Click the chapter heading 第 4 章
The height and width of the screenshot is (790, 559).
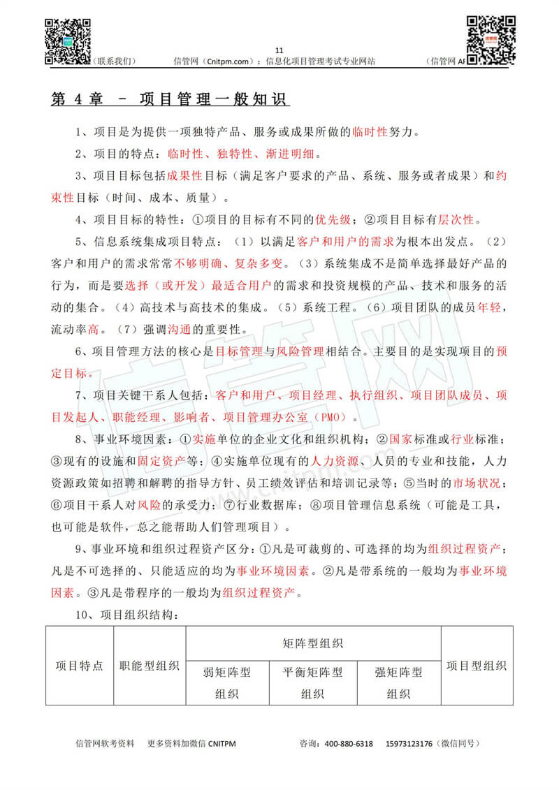pos(76,99)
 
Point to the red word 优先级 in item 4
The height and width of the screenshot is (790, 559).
pos(334,220)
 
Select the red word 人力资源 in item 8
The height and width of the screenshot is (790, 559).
pos(335,462)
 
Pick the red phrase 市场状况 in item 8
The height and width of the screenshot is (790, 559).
pos(477,483)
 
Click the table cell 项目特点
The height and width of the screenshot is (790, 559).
pos(80,666)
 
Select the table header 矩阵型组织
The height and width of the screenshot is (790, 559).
pos(313,643)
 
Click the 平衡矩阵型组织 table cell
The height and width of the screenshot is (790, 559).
pos(312,682)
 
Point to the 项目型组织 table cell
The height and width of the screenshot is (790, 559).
pos(477,666)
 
